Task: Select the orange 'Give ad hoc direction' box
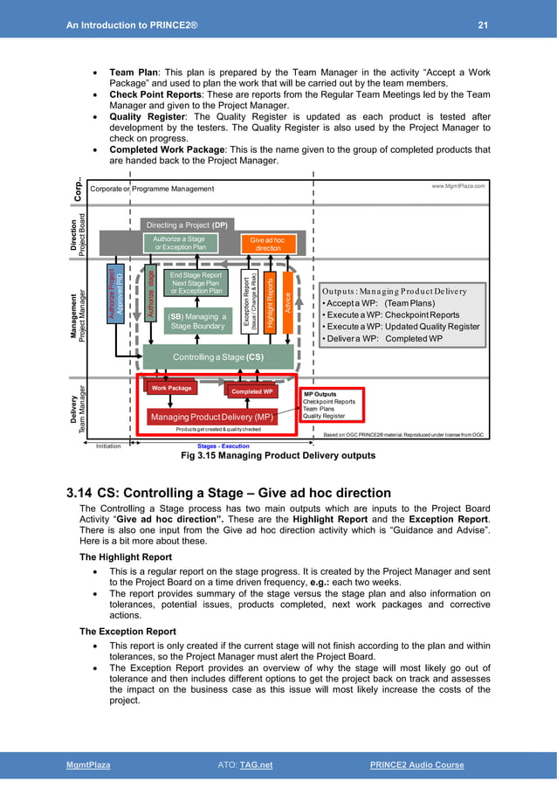(x=268, y=244)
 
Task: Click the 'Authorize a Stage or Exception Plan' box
(x=179, y=243)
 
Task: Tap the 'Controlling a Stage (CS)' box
(x=217, y=356)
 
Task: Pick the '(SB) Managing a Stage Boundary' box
(x=196, y=321)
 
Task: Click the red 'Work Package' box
(x=171, y=388)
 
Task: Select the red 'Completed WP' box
(x=251, y=392)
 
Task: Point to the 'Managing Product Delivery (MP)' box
(x=211, y=417)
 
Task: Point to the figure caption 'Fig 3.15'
(x=199, y=455)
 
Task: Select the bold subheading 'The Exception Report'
(x=120, y=631)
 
